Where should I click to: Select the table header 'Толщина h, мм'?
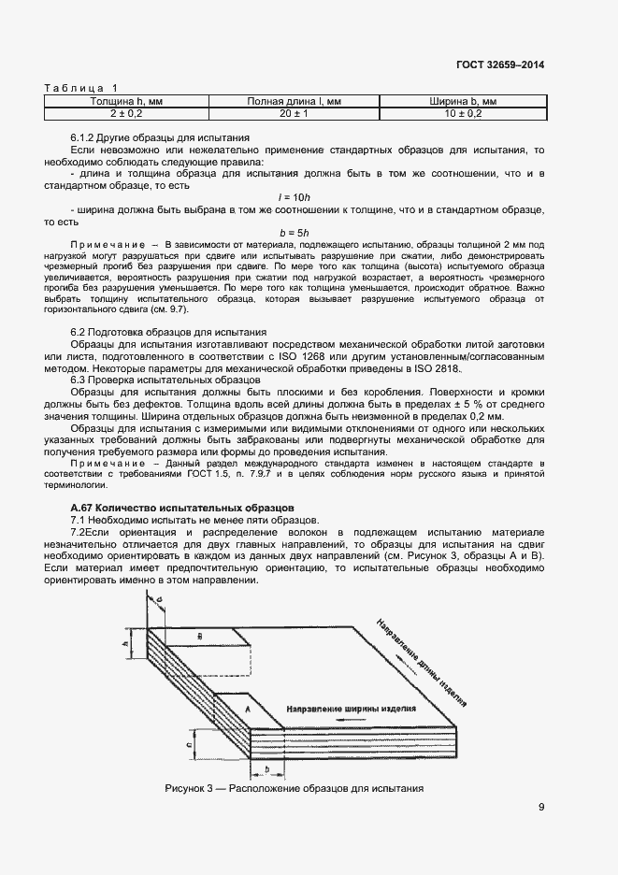click(x=126, y=101)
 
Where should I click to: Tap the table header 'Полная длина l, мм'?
click(x=294, y=101)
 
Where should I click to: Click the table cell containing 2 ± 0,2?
click(x=126, y=113)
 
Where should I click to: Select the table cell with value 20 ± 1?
click(x=294, y=113)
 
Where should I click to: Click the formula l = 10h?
click(x=294, y=196)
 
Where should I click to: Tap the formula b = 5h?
click(x=294, y=231)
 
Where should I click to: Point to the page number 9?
click(x=541, y=809)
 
